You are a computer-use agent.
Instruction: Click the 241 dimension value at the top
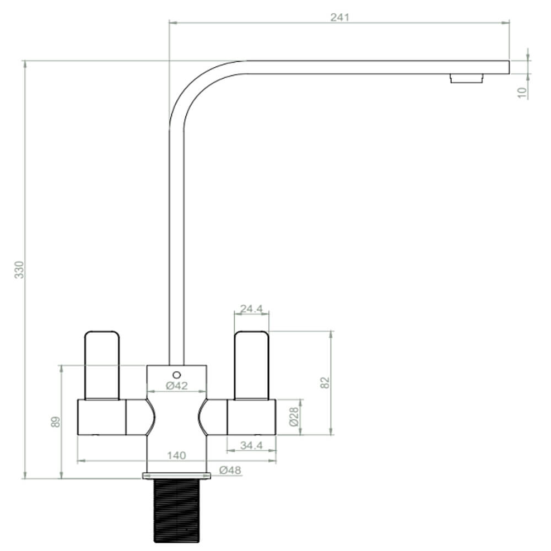tap(340, 17)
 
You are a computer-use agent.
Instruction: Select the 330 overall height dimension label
tap(19, 269)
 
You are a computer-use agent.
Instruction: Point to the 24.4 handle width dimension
tap(251, 309)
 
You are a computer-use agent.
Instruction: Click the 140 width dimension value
tap(176, 455)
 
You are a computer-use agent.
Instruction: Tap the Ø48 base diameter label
tap(230, 470)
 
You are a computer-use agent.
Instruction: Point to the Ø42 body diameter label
tap(176, 386)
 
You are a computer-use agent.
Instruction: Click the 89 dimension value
tap(55, 422)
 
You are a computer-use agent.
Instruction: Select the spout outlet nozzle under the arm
tap(466, 78)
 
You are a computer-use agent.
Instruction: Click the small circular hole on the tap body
tap(176, 373)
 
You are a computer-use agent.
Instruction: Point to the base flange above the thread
tap(176, 476)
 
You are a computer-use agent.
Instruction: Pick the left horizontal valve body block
tap(102, 417)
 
